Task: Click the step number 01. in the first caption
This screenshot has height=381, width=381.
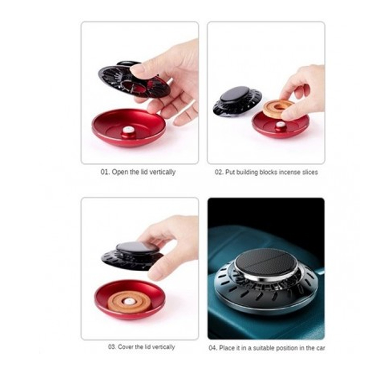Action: pos(105,172)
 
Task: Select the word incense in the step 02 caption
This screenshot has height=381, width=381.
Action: pos(290,172)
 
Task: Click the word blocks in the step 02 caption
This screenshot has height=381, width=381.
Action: pos(268,172)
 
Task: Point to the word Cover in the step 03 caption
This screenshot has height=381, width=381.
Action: pos(125,347)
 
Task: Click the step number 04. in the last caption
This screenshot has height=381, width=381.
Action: pos(213,348)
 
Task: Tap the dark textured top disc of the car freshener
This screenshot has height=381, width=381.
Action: pos(266,262)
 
